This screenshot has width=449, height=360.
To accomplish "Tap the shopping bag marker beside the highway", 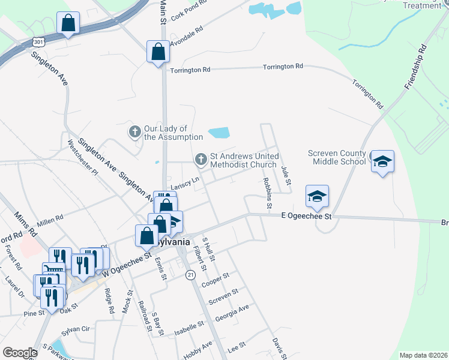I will coord(68,24).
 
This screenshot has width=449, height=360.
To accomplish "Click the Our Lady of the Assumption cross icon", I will coord(135,131).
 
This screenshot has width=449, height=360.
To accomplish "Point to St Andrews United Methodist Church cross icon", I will coord(200,159).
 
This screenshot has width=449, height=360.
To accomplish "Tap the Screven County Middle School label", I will coord(337,157).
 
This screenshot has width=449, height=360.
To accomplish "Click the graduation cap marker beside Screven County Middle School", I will coord(382,162).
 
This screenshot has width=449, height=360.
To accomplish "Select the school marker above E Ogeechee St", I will coord(317,196).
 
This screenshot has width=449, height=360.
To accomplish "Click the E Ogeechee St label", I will coord(307,216).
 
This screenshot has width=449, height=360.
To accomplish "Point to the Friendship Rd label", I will coord(415,67).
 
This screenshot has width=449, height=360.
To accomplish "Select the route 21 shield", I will coord(191,274).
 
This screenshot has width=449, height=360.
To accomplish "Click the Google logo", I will coord(20,353).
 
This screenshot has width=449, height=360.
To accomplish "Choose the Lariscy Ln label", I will coord(184,186).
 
